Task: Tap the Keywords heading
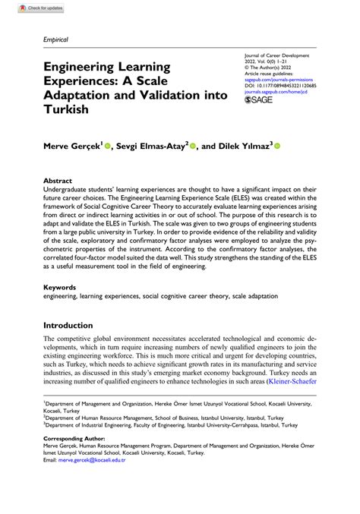pos(61,288)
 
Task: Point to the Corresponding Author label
pos(73,460)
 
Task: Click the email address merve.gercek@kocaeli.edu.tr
pos(104,481)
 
